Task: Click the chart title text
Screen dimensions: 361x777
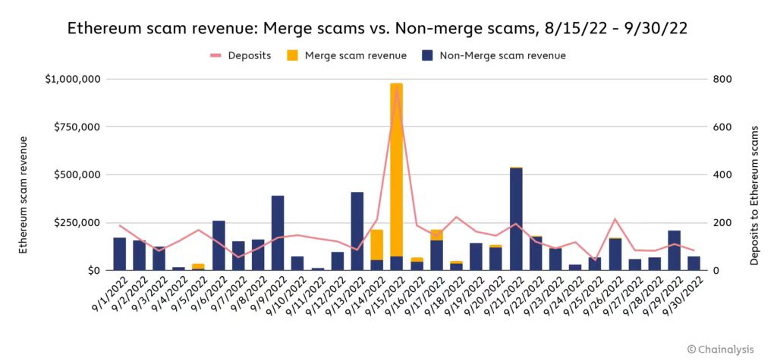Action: click(x=388, y=29)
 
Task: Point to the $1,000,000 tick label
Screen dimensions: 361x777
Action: click(x=73, y=79)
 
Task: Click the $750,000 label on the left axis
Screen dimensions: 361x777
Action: click(x=79, y=127)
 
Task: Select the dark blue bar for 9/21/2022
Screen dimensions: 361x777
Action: click(x=516, y=218)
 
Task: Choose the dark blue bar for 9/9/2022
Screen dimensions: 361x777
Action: click(x=278, y=232)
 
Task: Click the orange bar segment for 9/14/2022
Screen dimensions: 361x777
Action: click(x=376, y=244)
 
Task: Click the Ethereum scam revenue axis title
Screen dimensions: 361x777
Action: click(x=24, y=195)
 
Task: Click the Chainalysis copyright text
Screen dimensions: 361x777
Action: click(x=721, y=348)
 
